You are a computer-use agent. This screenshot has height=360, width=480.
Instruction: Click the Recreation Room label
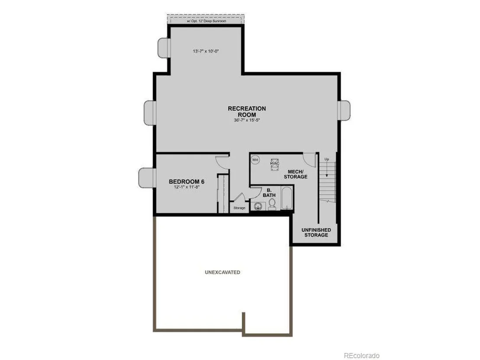click(247, 111)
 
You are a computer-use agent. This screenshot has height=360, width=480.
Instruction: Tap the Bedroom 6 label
click(187, 182)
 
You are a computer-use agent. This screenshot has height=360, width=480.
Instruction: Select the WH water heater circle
click(255, 160)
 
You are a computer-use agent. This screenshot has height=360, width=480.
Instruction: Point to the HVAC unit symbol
click(275, 164)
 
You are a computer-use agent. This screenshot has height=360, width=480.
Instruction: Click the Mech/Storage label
click(295, 174)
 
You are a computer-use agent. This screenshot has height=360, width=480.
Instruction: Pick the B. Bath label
click(269, 192)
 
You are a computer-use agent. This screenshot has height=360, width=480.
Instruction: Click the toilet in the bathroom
click(272, 204)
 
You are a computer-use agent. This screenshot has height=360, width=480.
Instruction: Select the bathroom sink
click(258, 206)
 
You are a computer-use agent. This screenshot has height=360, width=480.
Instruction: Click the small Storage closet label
click(240, 208)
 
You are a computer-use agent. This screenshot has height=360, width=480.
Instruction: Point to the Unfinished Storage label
click(316, 232)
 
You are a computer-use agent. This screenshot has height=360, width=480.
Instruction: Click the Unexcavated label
click(223, 272)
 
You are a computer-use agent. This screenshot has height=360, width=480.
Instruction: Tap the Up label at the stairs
click(327, 159)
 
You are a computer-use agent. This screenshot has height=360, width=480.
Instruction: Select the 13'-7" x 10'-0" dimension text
click(206, 51)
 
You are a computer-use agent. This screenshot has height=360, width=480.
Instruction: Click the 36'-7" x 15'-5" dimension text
click(247, 120)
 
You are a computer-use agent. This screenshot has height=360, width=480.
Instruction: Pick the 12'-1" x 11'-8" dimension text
click(187, 187)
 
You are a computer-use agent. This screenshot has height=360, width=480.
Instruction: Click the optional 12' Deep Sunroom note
click(207, 21)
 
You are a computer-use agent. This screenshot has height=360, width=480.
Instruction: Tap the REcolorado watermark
click(362, 355)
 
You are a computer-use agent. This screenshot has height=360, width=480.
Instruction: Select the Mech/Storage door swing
click(310, 159)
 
